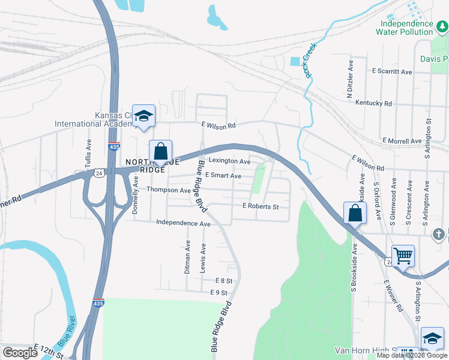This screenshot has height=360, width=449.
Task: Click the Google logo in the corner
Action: pos(20,353)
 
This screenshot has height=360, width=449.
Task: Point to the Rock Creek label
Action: pos(310,63)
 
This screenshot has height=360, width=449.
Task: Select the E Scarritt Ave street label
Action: pos(392,71)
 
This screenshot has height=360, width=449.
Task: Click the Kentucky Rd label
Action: pos(373,103)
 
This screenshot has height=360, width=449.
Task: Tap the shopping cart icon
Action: pos(403,256)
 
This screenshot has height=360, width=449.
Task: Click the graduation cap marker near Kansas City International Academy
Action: pos(143,116)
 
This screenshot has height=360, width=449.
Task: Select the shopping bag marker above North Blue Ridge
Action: pos(160,152)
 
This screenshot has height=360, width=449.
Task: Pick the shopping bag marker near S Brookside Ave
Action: pos(355,213)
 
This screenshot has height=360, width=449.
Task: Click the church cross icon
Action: pos(439,233)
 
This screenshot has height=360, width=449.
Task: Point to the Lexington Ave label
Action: pos(229,161)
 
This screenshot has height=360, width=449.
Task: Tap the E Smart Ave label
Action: pos(223,176)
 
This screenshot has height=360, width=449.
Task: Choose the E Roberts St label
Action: pos(261,206)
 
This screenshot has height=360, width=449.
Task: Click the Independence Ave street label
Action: pos(183,223)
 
